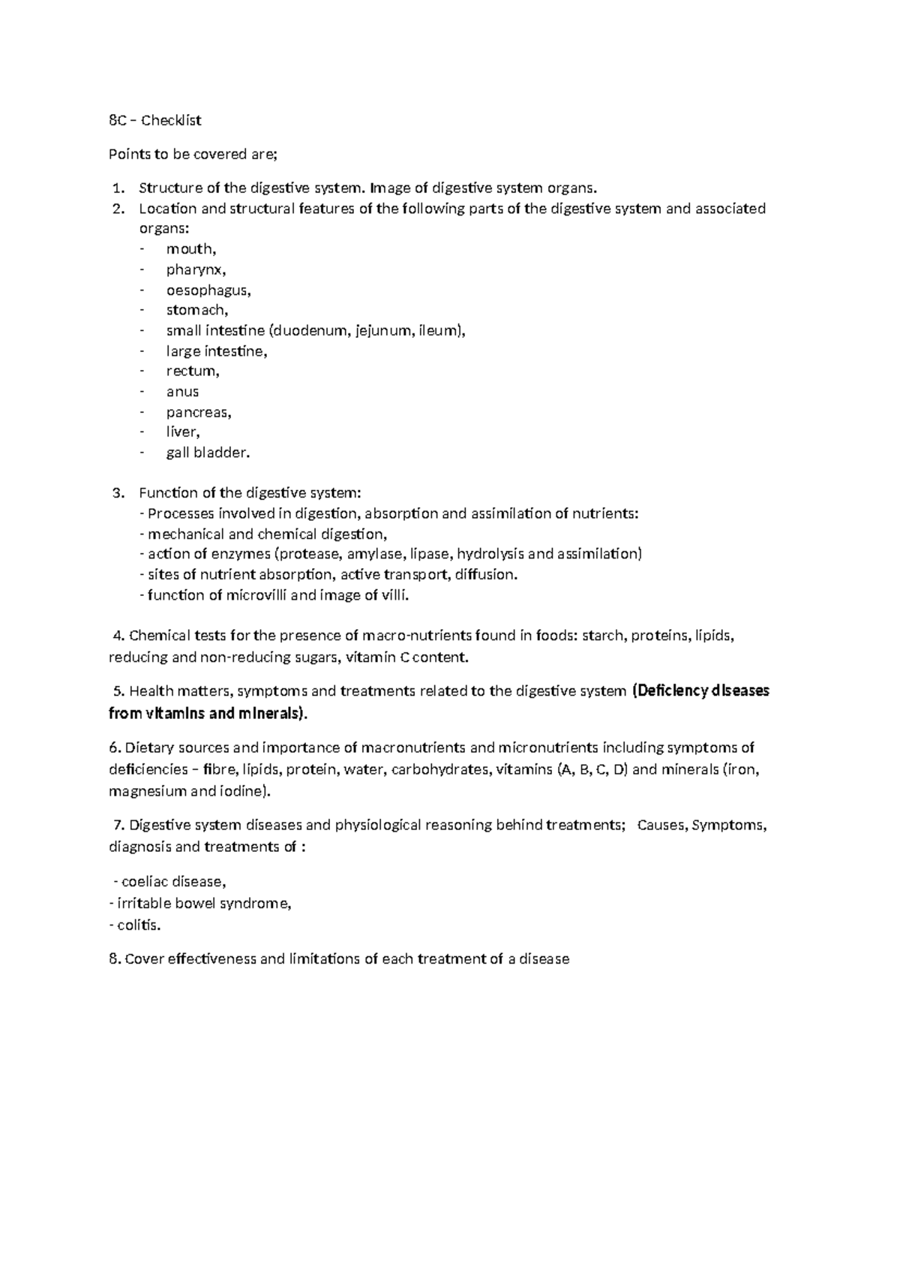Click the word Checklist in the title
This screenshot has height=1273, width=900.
pyautogui.click(x=172, y=120)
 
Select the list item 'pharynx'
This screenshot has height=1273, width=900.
pyautogui.click(x=195, y=270)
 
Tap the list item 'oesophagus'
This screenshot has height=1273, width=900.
pyautogui.click(x=208, y=290)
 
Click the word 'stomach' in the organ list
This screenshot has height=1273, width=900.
pyautogui.click(x=196, y=310)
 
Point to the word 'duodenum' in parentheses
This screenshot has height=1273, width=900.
pyautogui.click(x=310, y=330)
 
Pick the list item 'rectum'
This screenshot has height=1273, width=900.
pyautogui.click(x=192, y=372)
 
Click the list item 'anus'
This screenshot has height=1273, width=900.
pyautogui.click(x=182, y=392)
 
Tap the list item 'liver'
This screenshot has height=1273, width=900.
pyautogui.click(x=181, y=432)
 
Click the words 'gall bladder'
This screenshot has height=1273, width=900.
pyautogui.click(x=206, y=453)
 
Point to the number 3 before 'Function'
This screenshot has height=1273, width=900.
pyautogui.click(x=116, y=493)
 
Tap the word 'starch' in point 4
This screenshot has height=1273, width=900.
pyautogui.click(x=602, y=636)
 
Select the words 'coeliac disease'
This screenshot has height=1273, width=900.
pyautogui.click(x=168, y=882)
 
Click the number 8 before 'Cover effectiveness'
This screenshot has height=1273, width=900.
pyautogui.click(x=113, y=959)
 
